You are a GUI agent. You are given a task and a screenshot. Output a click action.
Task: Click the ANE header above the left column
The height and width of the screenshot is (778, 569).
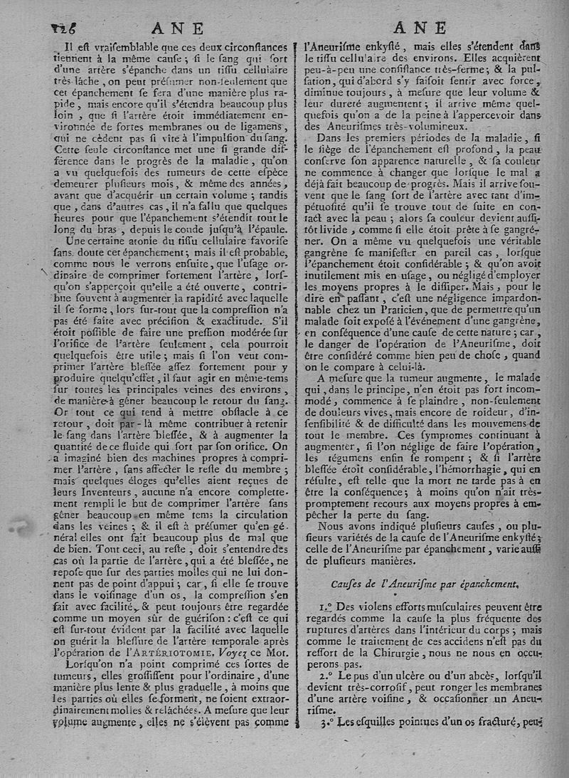[181, 28]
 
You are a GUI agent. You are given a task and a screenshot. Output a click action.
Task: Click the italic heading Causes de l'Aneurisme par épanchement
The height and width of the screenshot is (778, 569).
[435, 583]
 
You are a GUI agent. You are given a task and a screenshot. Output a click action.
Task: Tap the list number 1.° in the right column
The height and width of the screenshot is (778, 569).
[326, 608]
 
